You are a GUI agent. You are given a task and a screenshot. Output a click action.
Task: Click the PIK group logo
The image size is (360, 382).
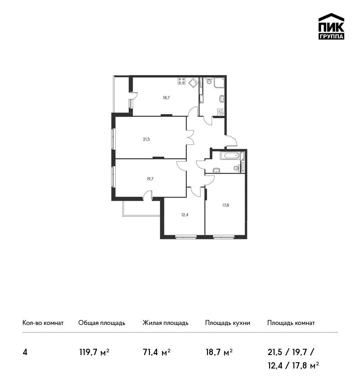331,27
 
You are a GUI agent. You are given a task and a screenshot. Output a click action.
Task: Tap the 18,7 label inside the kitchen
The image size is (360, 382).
166,98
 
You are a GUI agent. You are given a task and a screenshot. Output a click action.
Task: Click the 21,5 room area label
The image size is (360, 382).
146,139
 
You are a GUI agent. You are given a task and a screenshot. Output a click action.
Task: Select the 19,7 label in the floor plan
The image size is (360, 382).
150,179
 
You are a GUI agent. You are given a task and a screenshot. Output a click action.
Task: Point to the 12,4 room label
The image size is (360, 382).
184,215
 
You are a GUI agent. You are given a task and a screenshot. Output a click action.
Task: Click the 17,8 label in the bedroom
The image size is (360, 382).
225,205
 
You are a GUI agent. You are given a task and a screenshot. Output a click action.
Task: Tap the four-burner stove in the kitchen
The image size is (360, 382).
181,81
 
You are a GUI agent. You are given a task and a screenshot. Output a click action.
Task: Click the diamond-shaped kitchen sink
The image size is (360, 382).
193,82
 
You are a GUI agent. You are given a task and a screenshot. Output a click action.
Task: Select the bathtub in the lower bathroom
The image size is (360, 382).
230,155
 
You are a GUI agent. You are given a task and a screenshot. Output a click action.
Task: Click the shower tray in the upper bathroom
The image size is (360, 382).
219,83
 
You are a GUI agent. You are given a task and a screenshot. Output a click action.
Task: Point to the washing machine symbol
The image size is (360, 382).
221,112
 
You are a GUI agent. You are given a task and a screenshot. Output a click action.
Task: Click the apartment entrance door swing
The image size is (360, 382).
231,141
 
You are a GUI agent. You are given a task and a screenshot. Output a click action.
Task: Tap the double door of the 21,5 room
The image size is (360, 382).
190,137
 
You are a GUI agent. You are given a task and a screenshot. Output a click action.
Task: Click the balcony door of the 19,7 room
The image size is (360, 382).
147,195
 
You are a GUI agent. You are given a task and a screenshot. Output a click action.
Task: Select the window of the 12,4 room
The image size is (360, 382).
186,236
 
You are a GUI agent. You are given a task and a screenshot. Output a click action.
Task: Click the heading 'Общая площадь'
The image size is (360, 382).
102,323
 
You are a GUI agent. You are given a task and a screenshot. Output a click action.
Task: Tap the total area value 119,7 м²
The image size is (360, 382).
94,352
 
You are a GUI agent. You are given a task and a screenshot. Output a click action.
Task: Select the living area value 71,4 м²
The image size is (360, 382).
156,352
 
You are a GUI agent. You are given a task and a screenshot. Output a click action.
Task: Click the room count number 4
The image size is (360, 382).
25,352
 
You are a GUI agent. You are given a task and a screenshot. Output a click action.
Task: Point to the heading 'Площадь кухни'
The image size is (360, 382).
228,323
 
